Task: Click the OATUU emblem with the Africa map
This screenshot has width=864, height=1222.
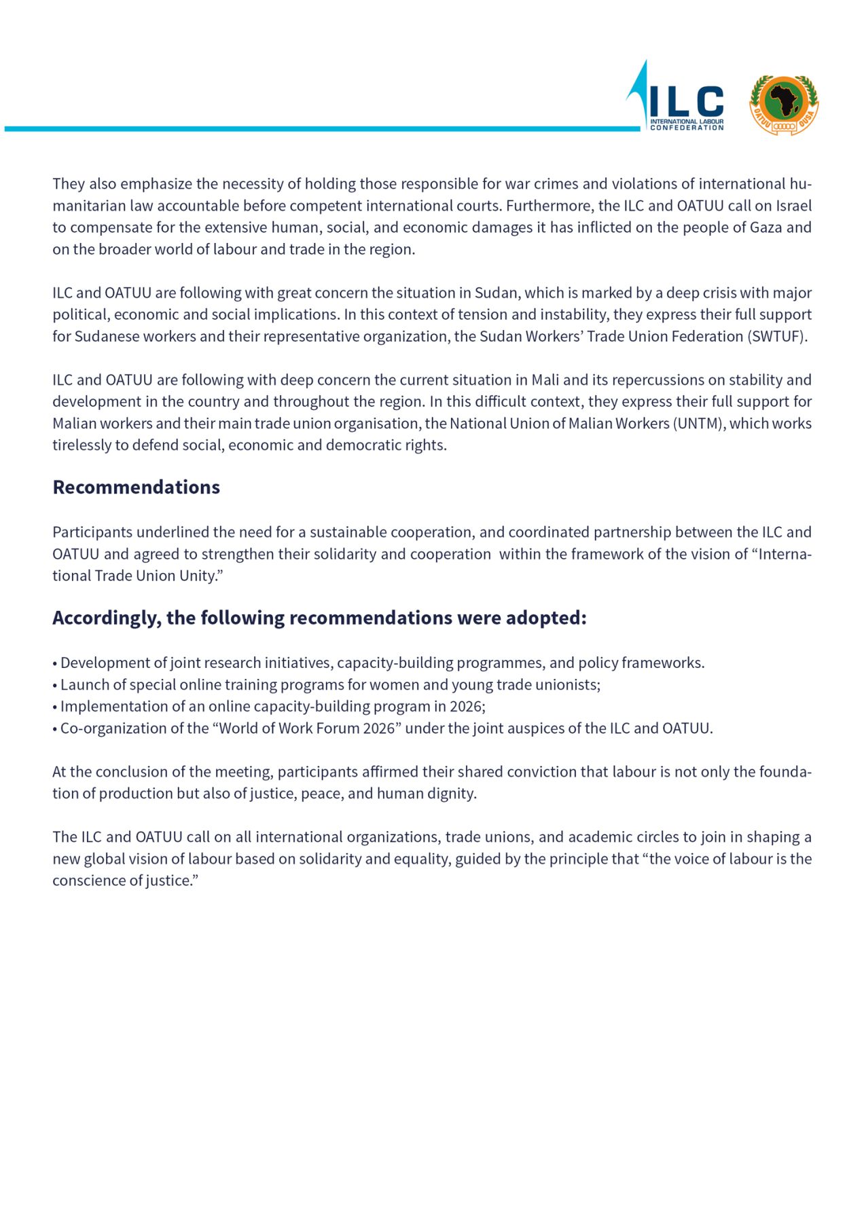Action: pyautogui.click(x=784, y=104)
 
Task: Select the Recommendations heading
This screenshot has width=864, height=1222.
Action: pyautogui.click(x=136, y=487)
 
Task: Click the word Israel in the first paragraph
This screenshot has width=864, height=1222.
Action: pyautogui.click(x=793, y=206)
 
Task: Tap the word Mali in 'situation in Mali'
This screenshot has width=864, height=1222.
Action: pyautogui.click(x=545, y=380)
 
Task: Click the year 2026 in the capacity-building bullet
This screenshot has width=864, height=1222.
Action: pyautogui.click(x=466, y=707)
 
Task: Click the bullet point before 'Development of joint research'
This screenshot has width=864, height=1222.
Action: pyautogui.click(x=55, y=663)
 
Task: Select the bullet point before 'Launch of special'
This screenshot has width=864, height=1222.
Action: pyautogui.click(x=55, y=685)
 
